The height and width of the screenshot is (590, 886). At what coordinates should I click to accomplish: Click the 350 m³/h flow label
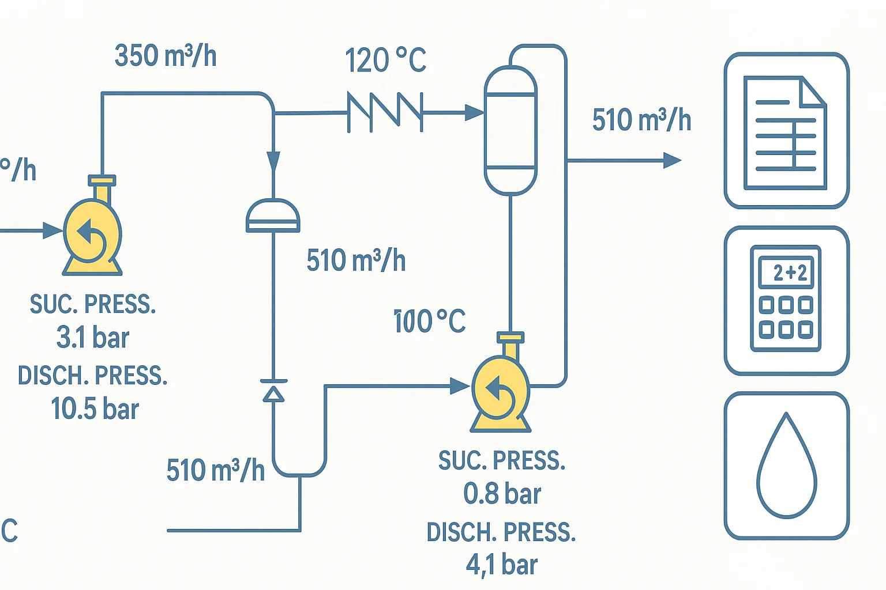pos(166,56)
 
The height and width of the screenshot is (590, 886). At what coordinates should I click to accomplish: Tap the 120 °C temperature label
pos(385,60)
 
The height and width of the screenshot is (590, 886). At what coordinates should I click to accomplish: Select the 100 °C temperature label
pos(430,321)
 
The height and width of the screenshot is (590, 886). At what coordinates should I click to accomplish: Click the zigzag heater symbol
pos(385,112)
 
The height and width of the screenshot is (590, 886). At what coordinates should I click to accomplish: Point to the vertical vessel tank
pos(510,130)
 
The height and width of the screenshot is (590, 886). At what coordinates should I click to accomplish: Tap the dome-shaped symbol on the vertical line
pos(273,216)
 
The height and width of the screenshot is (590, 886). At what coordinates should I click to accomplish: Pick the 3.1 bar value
pos(93,338)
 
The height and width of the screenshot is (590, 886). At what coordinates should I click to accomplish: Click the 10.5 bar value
pos(95,409)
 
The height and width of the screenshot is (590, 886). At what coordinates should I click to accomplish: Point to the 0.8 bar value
pos(502,494)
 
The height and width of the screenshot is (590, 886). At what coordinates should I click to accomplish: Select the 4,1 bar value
pos(502,565)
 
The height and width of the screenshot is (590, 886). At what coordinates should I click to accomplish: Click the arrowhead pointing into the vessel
pos(474,112)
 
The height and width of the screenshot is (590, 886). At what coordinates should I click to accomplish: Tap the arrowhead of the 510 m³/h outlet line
pos(672,160)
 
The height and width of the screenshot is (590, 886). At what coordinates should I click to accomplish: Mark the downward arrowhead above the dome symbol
pos(273,161)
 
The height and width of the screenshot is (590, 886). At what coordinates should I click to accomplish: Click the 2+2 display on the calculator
pos(786,273)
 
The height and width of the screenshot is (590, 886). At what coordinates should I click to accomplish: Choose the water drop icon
pos(786,466)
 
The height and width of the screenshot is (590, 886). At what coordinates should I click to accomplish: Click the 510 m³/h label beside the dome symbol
pos(356,260)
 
